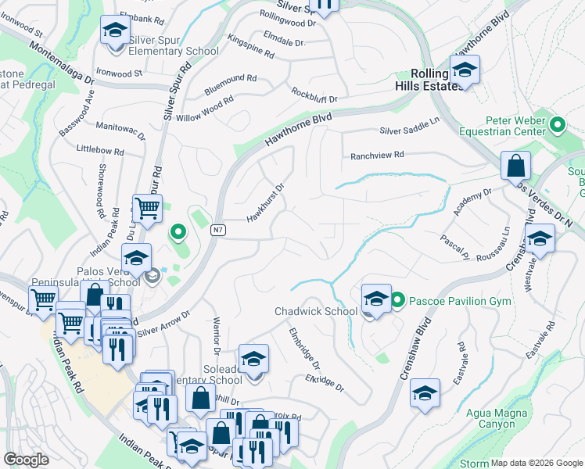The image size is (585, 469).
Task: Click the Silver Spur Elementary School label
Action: pos(173,51)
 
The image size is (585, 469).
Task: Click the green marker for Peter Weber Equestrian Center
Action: pos(557,124)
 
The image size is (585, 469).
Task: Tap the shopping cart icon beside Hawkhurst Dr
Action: pos(146,209)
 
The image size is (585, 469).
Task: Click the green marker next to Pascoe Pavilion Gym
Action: pos(397,300)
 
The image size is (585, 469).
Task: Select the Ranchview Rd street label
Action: pos(377,155)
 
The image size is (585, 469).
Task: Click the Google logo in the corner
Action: pos(26,460)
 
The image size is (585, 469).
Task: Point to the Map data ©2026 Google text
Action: pos(537,463)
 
